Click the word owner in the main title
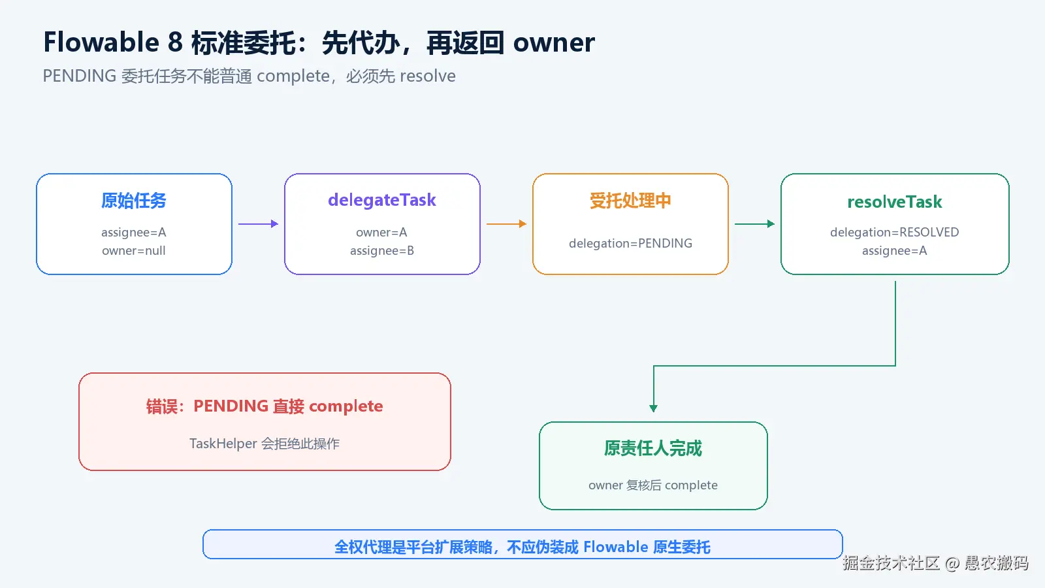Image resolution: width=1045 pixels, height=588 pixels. point(554,43)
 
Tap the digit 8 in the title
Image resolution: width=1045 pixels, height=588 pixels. point(175,42)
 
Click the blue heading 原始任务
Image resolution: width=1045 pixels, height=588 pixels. point(134,201)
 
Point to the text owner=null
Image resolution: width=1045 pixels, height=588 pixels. point(134,251)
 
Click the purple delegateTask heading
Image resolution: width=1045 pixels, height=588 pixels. point(382,200)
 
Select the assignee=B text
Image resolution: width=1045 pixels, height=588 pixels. point(382,251)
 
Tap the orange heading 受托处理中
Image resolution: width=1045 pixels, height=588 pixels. point(630,201)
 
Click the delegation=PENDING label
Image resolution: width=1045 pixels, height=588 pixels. point(630,243)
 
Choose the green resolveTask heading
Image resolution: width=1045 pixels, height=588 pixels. point(895,202)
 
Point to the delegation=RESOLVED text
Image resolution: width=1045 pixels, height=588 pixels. point(895,232)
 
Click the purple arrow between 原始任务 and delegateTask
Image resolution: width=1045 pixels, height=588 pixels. point(259,224)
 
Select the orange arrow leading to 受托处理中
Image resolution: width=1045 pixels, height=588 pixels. point(507,224)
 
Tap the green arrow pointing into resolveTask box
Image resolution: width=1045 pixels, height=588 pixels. point(755,224)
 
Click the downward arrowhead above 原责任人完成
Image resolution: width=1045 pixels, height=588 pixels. point(654,408)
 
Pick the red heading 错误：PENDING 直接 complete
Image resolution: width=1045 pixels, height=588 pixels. point(265,406)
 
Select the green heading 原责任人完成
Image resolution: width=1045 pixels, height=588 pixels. point(653,448)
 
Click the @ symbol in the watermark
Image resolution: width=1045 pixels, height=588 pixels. point(952,563)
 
